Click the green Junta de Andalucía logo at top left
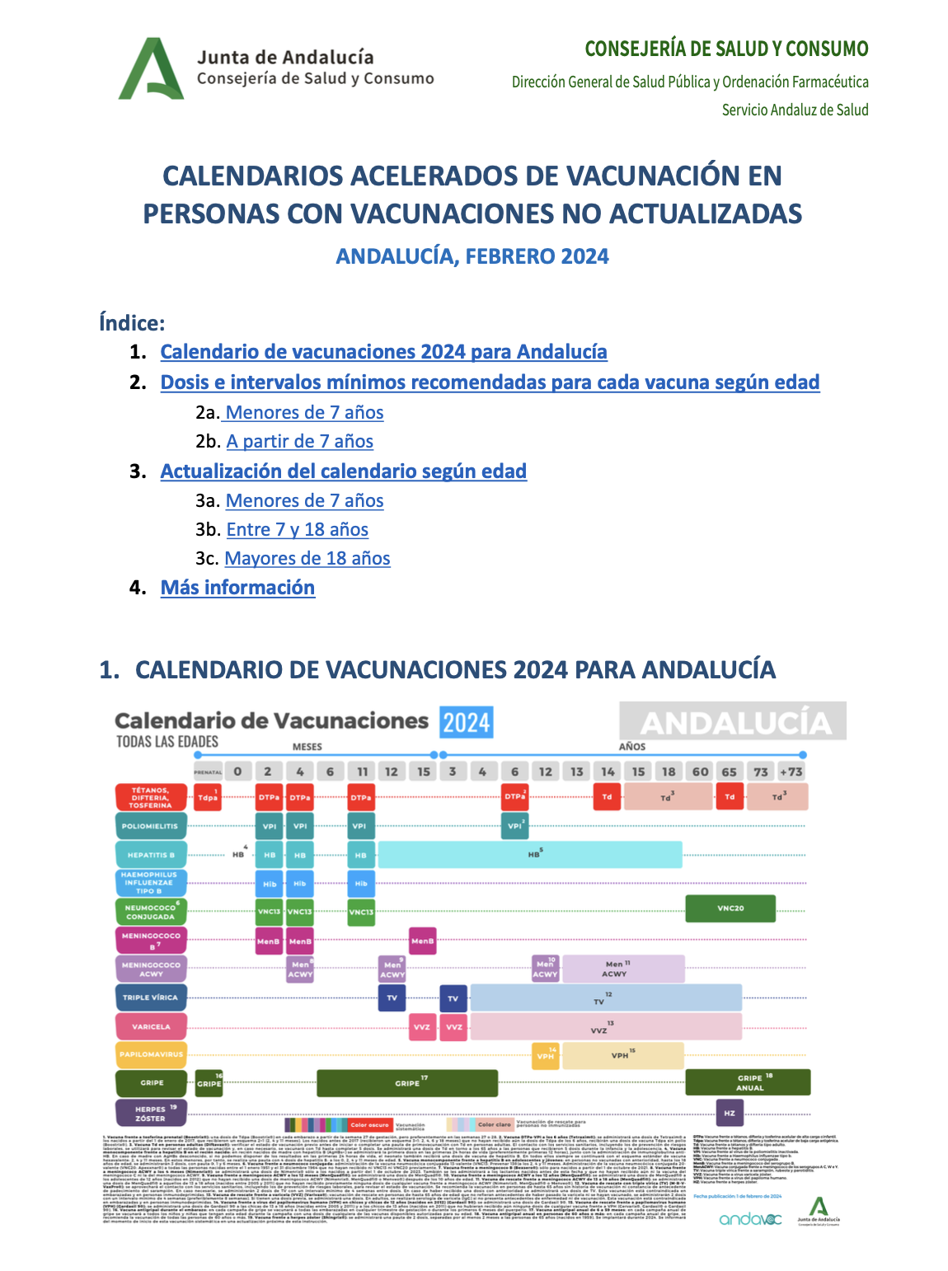[151, 69]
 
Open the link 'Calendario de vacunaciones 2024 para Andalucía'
[383, 352]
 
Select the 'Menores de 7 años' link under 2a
[304, 412]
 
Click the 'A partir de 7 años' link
[299, 442]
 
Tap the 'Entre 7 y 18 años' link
[297, 530]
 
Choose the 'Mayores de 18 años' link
[307, 559]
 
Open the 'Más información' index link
[237, 588]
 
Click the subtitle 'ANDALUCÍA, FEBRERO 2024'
[472, 256]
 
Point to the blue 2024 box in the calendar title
[466, 723]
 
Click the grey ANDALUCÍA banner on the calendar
[733, 722]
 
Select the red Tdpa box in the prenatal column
[208, 797]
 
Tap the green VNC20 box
[730, 908]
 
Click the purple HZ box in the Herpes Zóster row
[730, 1113]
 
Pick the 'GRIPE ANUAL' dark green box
[749, 1082]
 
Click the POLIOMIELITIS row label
[150, 826]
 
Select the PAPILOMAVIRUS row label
[150, 1054]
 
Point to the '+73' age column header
[791, 772]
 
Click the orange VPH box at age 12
[545, 1056]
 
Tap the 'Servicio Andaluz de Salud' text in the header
[795, 110]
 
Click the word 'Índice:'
[132, 322]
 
